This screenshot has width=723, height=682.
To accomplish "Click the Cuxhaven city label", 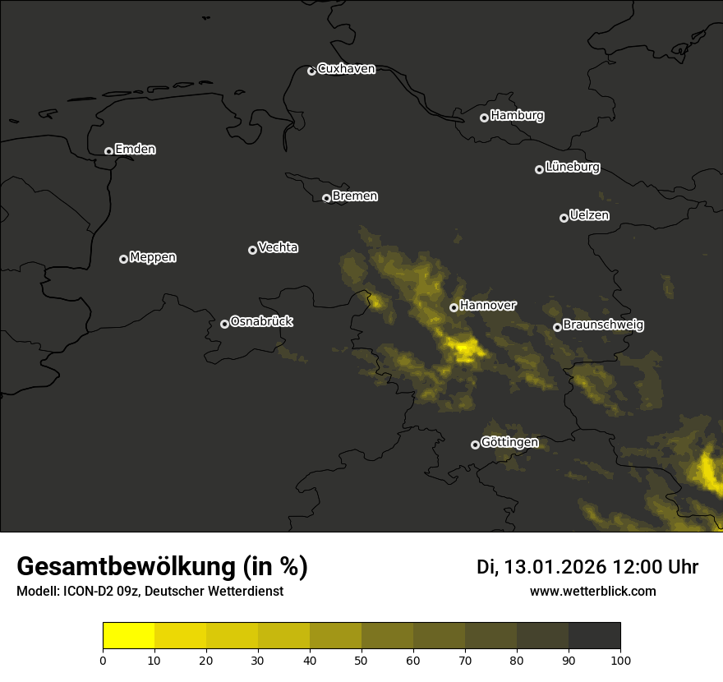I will pos(346,69).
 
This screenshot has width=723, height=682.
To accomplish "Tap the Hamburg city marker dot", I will pos(484,118).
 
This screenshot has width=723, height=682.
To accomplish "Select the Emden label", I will pos(135,150).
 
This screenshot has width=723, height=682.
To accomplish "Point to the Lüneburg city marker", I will pos(539,169).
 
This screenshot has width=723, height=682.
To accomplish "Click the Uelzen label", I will pos(589,215).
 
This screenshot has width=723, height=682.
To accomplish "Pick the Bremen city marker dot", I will pos(326,198).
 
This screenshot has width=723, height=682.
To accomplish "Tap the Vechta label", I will pos(278,247).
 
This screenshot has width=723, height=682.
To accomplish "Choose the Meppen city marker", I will pos(123,259).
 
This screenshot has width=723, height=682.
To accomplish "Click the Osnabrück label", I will pos(261,321).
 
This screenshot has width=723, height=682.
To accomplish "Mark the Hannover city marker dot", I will pos(454,307).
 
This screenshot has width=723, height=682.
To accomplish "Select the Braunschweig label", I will pos(603,325).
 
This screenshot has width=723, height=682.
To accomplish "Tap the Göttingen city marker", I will pos(475,445).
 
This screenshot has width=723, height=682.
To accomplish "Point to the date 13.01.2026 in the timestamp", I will pos(555,567).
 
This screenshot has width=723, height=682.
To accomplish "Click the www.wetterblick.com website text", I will pos(592,591).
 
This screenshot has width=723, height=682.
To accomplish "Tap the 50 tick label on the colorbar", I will pos(361,659).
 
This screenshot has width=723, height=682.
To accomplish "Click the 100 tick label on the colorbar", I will pos(620,659).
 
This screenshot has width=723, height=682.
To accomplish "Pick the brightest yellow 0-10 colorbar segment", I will pos(128,636).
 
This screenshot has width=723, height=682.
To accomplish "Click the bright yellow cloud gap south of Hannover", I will pos(464,349).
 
